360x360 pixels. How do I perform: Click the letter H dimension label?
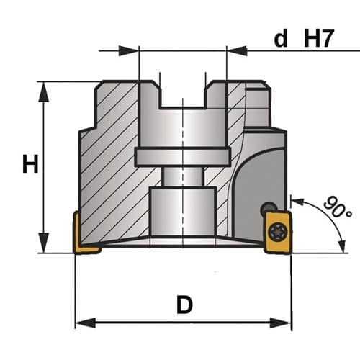(x=30, y=163)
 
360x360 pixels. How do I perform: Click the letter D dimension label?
(x=184, y=305)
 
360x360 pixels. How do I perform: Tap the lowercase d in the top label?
(x=281, y=38)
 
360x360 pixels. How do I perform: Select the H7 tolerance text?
(x=319, y=38)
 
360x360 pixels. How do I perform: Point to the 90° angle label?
(x=338, y=207)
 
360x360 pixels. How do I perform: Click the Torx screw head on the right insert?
(x=278, y=231)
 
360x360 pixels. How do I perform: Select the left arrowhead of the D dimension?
(x=86, y=323)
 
